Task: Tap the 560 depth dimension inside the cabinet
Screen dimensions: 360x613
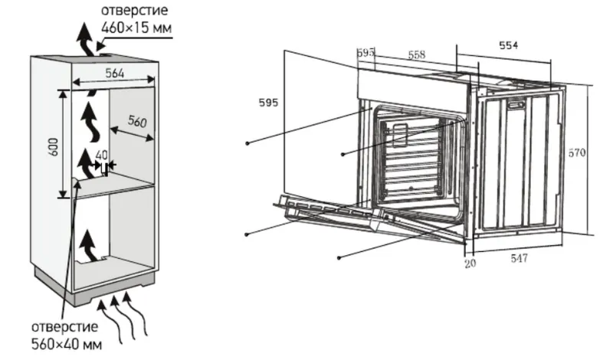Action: point(136,123)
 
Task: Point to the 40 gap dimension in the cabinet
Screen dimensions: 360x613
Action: point(102,155)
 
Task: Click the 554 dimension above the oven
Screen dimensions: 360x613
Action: point(508,45)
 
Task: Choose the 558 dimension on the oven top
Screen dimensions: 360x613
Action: point(417,54)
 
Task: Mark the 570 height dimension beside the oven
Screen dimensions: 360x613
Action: point(577,153)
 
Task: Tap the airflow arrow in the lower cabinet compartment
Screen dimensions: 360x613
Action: point(87,245)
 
